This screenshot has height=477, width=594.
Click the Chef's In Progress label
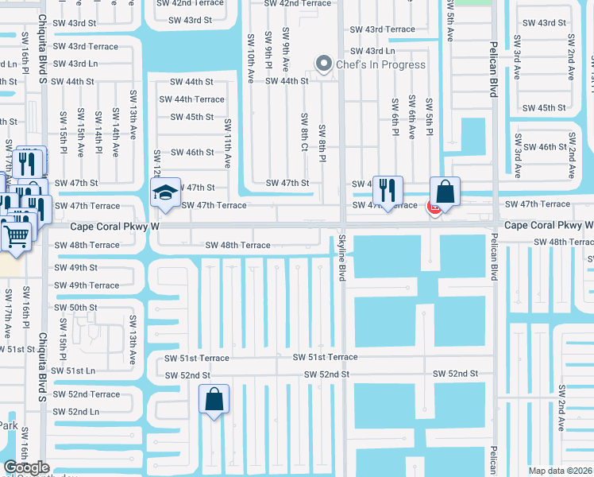(381, 64)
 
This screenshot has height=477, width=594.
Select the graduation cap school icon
(165, 192)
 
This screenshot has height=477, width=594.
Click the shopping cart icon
(16, 234)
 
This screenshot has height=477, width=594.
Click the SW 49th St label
(75, 267)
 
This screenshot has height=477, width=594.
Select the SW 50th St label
(75, 308)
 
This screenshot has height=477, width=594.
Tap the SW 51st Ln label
(73, 370)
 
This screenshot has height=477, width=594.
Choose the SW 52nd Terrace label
(87, 394)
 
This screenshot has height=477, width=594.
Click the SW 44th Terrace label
(191, 99)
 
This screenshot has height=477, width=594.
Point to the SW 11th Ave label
(228, 143)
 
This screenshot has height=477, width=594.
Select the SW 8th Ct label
(304, 131)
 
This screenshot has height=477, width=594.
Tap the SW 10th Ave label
(250, 58)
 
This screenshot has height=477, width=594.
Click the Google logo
(26, 467)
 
